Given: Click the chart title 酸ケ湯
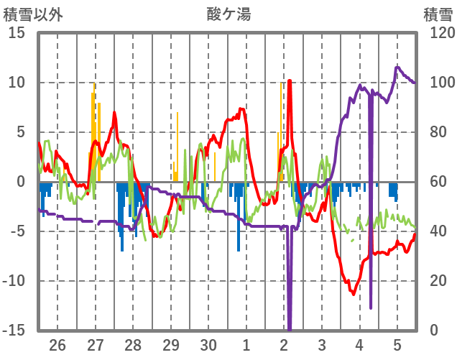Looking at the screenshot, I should click(228, 14).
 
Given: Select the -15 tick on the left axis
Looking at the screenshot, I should click(14, 331).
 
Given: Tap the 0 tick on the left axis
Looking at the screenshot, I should click(21, 182).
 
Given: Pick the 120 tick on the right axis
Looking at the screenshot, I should click(437, 33).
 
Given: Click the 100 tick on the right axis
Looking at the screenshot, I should click(437, 83).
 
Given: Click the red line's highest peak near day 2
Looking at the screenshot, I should click(290, 80).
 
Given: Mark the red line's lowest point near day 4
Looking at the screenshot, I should click(353, 293).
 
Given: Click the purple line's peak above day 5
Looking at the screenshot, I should click(397, 68).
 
